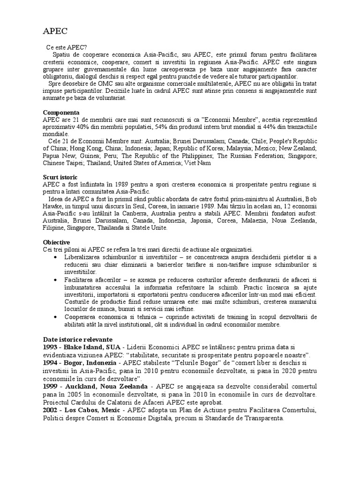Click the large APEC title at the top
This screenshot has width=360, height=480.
(x=55, y=31)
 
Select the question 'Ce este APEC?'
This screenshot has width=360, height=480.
(x=66, y=47)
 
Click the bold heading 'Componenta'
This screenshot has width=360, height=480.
(x=61, y=112)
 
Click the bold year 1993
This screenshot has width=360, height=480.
(x=51, y=347)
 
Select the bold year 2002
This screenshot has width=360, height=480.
(x=51, y=411)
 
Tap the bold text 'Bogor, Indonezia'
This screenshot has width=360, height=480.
(x=88, y=363)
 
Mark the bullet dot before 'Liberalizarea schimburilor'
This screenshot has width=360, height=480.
(x=56, y=258)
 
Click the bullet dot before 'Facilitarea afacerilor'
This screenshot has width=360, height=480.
(x=56, y=280)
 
